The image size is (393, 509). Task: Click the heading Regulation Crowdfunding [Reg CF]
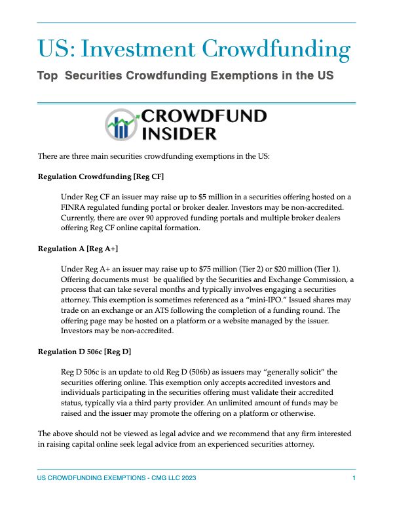click(101, 177)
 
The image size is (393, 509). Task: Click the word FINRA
click(73, 207)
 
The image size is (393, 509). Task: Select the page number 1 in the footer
click(354, 479)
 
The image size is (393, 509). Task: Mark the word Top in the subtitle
click(47, 76)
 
